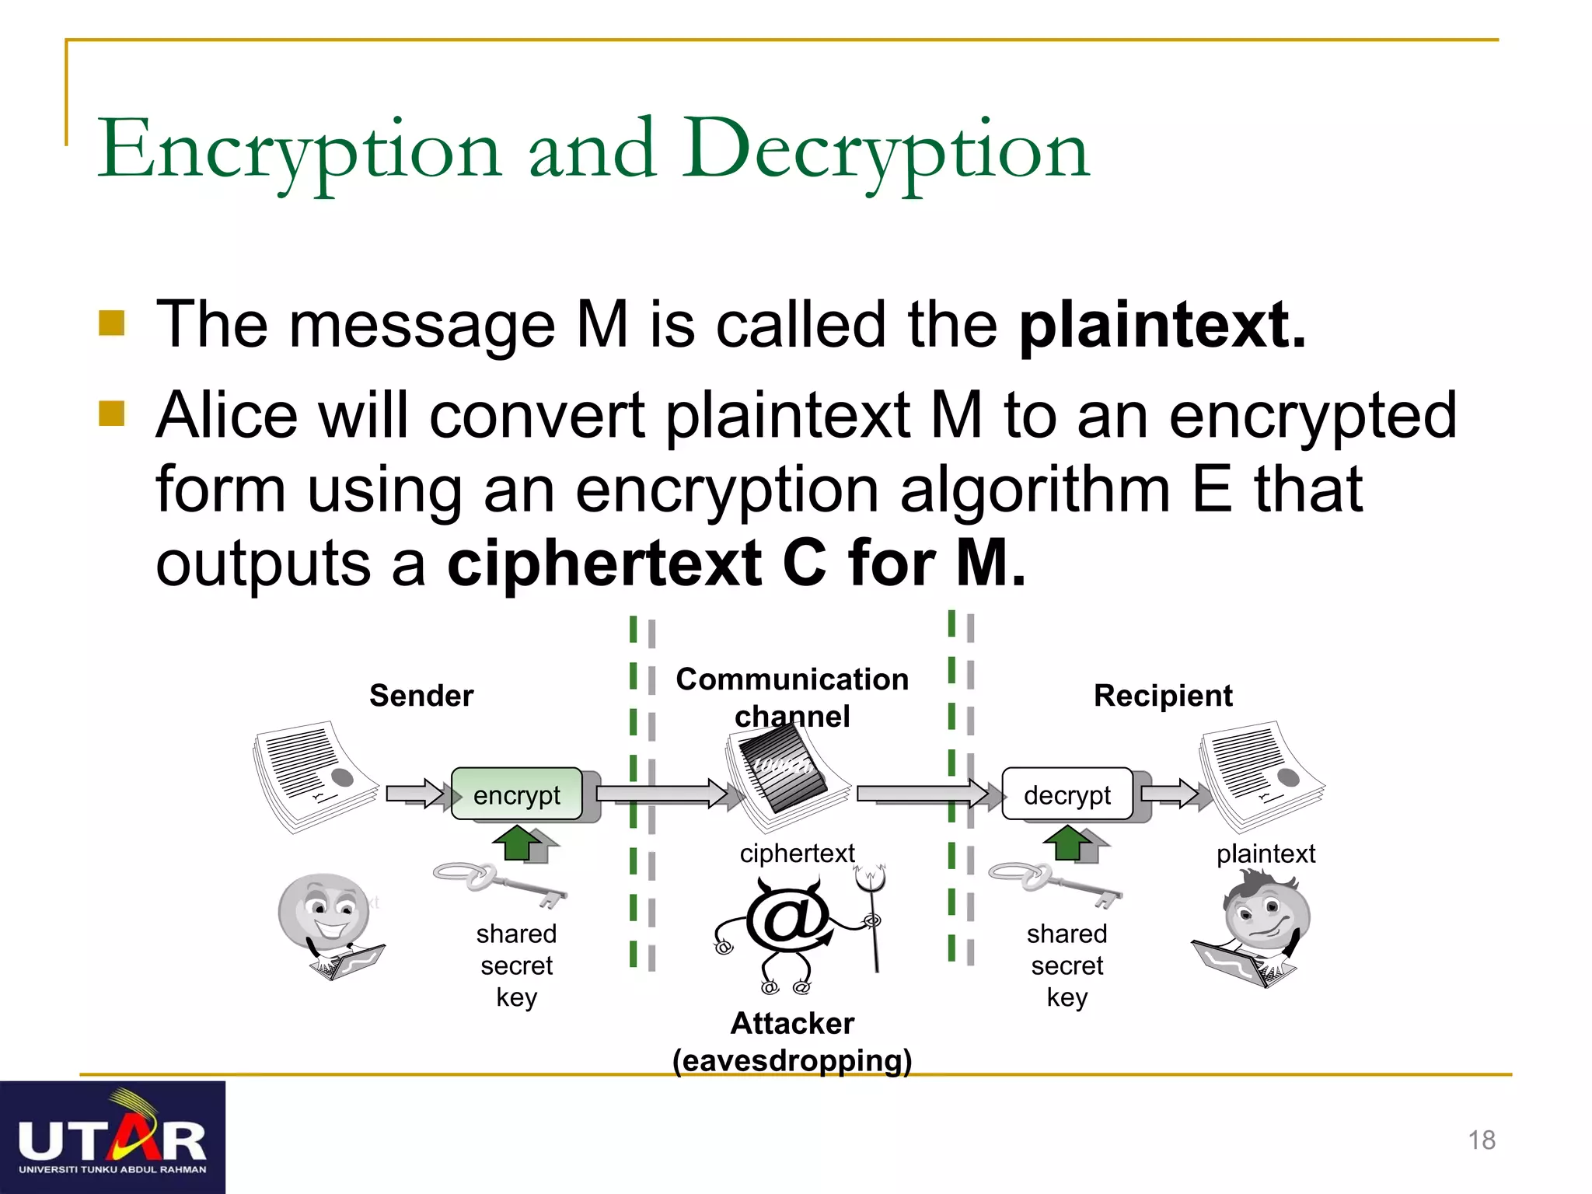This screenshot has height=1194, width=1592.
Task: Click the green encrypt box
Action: point(517,794)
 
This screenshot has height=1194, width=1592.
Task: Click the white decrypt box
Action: point(1067,794)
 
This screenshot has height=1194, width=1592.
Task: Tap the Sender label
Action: point(421,695)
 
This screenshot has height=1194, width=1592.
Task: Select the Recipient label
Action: point(1163,695)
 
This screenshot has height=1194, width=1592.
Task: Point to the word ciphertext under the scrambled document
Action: point(797,853)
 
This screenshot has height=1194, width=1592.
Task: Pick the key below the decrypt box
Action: point(1054,883)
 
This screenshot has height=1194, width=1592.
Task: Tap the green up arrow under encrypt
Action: point(518,842)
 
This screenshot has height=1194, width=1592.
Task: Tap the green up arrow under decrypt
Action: point(1068,842)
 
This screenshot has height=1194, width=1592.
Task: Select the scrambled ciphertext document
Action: point(785,773)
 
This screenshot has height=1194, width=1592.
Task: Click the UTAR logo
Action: point(113,1137)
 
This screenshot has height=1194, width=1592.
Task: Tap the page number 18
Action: point(1482,1140)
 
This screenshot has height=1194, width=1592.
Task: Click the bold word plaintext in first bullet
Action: point(1162,324)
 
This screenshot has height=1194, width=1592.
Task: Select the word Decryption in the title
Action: point(886,149)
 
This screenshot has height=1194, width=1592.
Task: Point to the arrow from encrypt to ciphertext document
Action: point(661,794)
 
